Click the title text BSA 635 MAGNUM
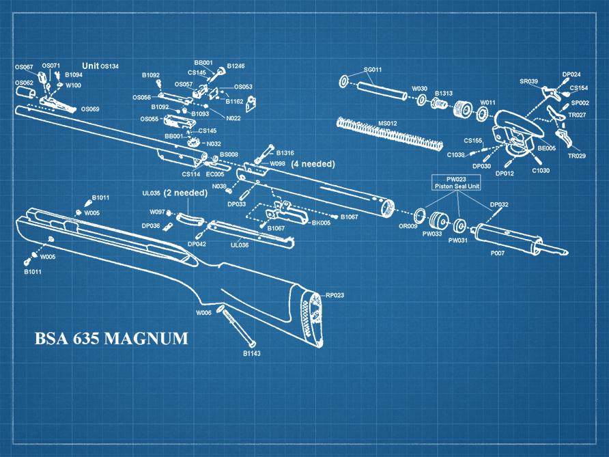[111, 339]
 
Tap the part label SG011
[373, 70]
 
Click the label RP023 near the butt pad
[335, 295]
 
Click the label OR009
[408, 225]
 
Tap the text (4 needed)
[313, 165]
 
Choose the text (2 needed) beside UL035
[184, 193]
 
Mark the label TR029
[577, 156]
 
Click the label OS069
[90, 109]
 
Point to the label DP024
[571, 74]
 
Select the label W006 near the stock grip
[203, 312]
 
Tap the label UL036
[240, 244]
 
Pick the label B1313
[444, 93]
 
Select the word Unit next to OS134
[91, 66]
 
